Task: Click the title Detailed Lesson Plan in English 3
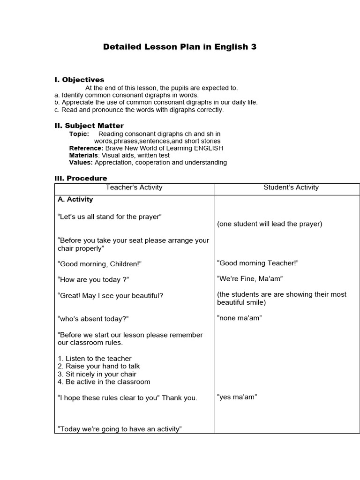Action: (x=180, y=47)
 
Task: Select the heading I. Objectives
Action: (x=79, y=80)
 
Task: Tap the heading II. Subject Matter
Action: (x=89, y=126)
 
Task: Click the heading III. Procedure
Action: (x=81, y=178)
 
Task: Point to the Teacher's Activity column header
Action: (x=134, y=187)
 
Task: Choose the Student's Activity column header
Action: (x=291, y=187)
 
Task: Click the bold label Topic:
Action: (x=79, y=134)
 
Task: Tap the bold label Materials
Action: (x=84, y=155)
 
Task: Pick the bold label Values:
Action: (x=81, y=163)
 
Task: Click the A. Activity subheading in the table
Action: (x=75, y=199)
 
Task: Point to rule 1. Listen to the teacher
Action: (x=94, y=359)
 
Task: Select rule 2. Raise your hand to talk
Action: (x=98, y=366)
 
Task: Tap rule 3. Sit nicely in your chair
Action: (x=97, y=374)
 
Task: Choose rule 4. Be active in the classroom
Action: (x=104, y=382)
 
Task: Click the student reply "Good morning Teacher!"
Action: (x=258, y=263)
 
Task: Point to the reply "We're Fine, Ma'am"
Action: (x=250, y=279)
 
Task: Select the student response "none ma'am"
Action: (x=239, y=318)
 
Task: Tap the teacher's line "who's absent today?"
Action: (x=93, y=319)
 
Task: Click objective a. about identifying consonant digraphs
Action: (x=127, y=95)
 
